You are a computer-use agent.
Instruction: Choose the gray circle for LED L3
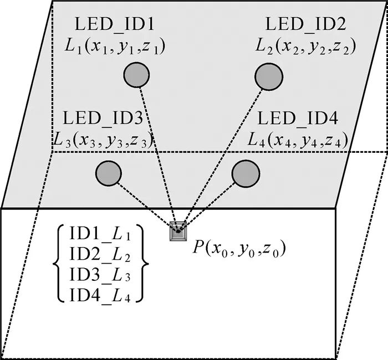(x=109, y=173)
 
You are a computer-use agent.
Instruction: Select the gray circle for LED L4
(x=243, y=173)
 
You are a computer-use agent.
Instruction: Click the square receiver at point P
(x=178, y=230)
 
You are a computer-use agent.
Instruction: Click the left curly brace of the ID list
(x=59, y=262)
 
